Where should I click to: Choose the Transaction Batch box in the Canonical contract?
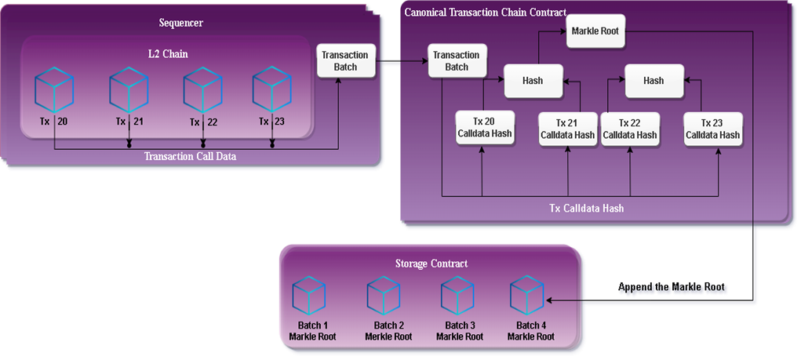tap(457, 60)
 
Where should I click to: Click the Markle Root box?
tap(596, 31)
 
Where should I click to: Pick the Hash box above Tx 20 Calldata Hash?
tap(533, 81)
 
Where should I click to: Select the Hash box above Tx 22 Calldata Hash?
tap(653, 81)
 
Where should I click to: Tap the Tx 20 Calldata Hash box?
tap(485, 128)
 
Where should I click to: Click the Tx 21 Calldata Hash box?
tap(567, 129)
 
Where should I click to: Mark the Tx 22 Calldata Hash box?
tap(630, 129)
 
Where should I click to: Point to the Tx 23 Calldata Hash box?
tap(712, 129)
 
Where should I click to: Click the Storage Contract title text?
tap(431, 264)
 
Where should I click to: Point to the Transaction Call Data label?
tap(191, 156)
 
